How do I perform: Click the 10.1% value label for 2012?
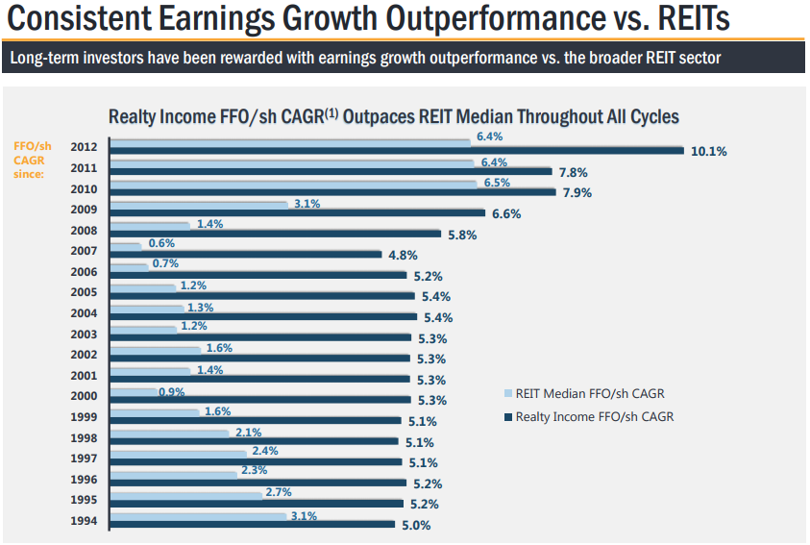point(708,151)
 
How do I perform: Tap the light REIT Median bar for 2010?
point(294,183)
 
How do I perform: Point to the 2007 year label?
point(85,252)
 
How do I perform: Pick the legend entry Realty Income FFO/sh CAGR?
point(590,417)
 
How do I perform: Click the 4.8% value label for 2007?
point(403,255)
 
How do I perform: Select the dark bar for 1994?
point(254,525)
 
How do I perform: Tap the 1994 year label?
point(85,522)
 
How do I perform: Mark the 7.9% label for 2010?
point(576,192)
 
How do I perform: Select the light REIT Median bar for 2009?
point(200,204)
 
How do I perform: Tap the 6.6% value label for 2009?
point(505,213)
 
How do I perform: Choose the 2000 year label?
point(85,397)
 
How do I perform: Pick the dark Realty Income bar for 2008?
point(276,234)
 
